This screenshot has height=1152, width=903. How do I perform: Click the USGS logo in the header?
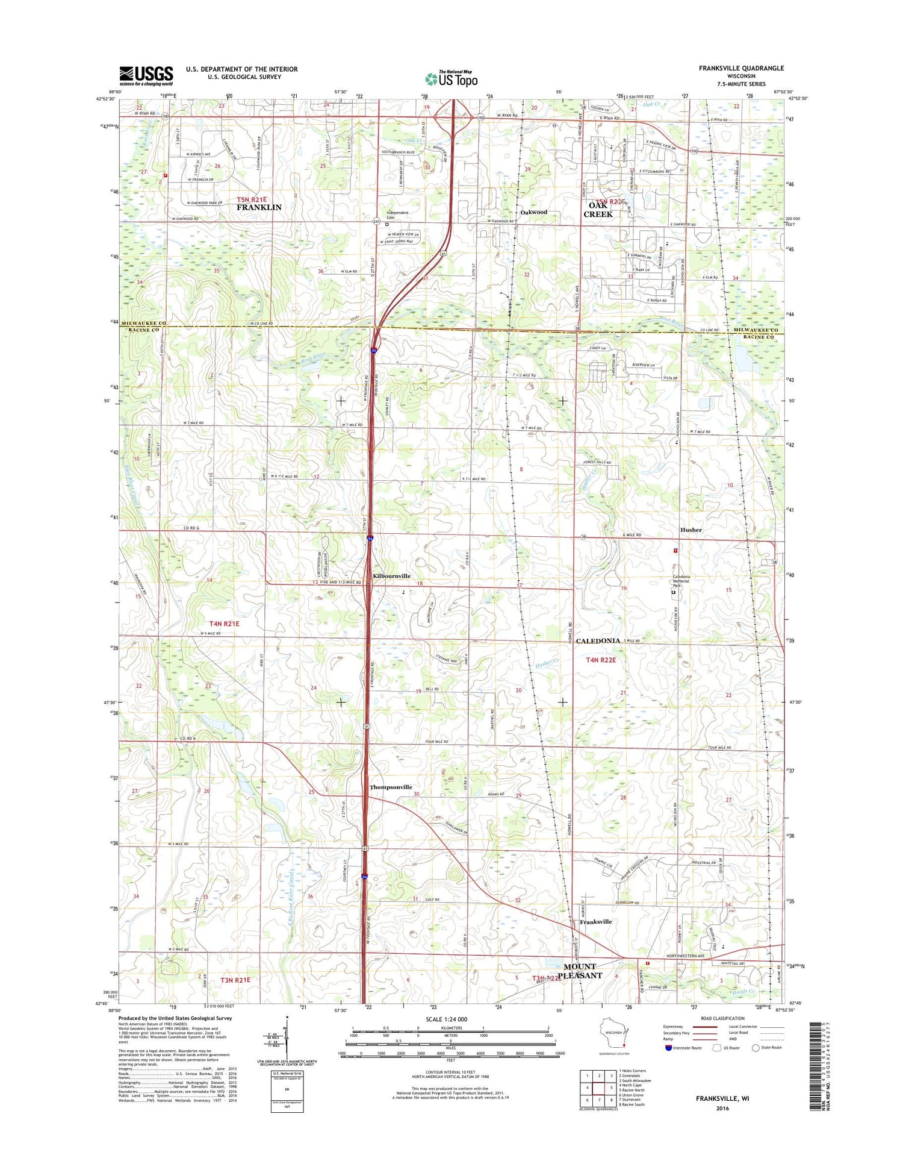(x=146, y=76)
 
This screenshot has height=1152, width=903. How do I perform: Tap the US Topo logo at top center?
(x=451, y=78)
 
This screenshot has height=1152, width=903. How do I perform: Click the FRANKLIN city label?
(x=259, y=207)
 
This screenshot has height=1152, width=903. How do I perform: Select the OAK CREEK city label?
(x=598, y=210)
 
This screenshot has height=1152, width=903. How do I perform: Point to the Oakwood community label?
(x=533, y=212)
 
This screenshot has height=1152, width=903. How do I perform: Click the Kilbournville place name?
(x=391, y=576)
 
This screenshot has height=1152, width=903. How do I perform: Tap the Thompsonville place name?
(x=391, y=787)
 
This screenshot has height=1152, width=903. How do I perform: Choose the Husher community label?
(x=690, y=530)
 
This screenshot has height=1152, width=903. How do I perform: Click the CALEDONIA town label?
(x=598, y=640)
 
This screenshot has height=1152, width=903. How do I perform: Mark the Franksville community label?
(x=595, y=921)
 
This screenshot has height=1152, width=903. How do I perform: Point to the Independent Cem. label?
(x=397, y=215)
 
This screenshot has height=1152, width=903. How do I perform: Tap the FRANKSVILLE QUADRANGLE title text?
(x=741, y=68)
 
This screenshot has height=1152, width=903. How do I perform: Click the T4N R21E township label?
(x=224, y=624)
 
